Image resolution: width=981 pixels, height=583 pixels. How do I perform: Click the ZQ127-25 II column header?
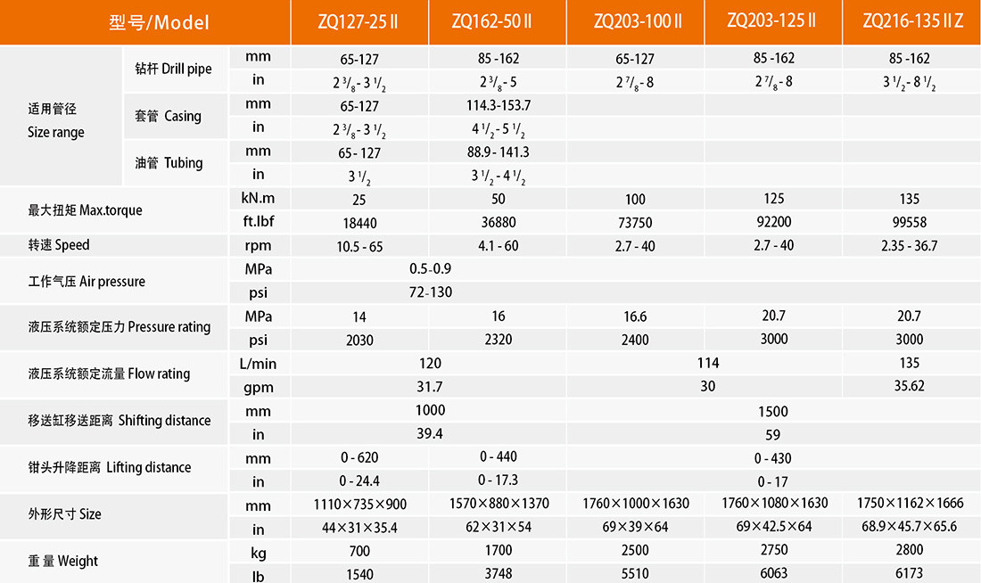pyautogui.click(x=359, y=21)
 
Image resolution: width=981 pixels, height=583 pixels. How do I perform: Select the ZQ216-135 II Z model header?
pyautogui.click(x=912, y=21)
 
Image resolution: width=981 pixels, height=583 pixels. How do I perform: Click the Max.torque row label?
pyautogui.click(x=85, y=211)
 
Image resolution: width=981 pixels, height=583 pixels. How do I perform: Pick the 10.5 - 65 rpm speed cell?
pyautogui.click(x=359, y=246)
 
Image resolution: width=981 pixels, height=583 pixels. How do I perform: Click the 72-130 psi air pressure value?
pyautogui.click(x=430, y=292)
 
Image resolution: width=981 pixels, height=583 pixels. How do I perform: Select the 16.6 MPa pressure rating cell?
pyautogui.click(x=635, y=316)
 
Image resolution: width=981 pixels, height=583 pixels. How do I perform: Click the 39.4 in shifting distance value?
pyautogui.click(x=430, y=434)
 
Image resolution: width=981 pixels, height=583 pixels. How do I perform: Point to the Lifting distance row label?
pyautogui.click(x=109, y=467)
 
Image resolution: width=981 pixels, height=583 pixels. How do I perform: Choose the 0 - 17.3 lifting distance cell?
pyautogui.click(x=498, y=480)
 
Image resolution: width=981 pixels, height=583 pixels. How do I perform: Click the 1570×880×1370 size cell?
pyautogui.click(x=498, y=504)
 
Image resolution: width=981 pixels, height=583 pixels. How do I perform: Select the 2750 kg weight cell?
pyautogui.click(x=772, y=551)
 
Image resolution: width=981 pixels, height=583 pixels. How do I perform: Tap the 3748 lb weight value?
pyautogui.click(x=498, y=574)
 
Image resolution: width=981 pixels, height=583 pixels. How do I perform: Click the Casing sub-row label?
pyautogui.click(x=168, y=116)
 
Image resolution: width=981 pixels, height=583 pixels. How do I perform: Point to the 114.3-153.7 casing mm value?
pyautogui.click(x=498, y=105)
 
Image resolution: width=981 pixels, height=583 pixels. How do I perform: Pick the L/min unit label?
pyautogui.click(x=258, y=364)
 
